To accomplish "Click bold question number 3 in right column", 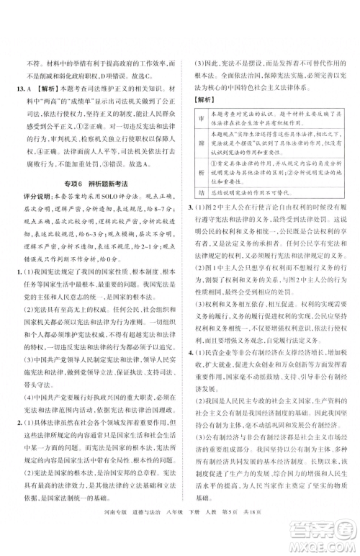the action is (x=189, y=208).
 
